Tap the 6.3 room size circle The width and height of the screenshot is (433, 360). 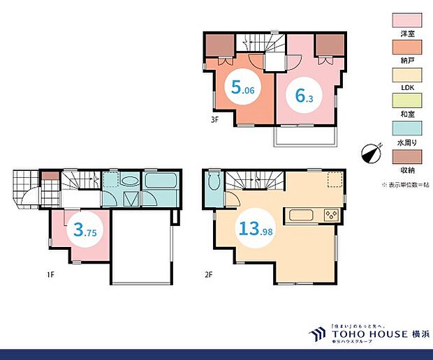point(304,96)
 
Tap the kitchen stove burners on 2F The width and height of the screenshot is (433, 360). point(330,214)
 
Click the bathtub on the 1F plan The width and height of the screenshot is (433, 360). point(161,188)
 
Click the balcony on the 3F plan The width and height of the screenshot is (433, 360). point(306,137)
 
